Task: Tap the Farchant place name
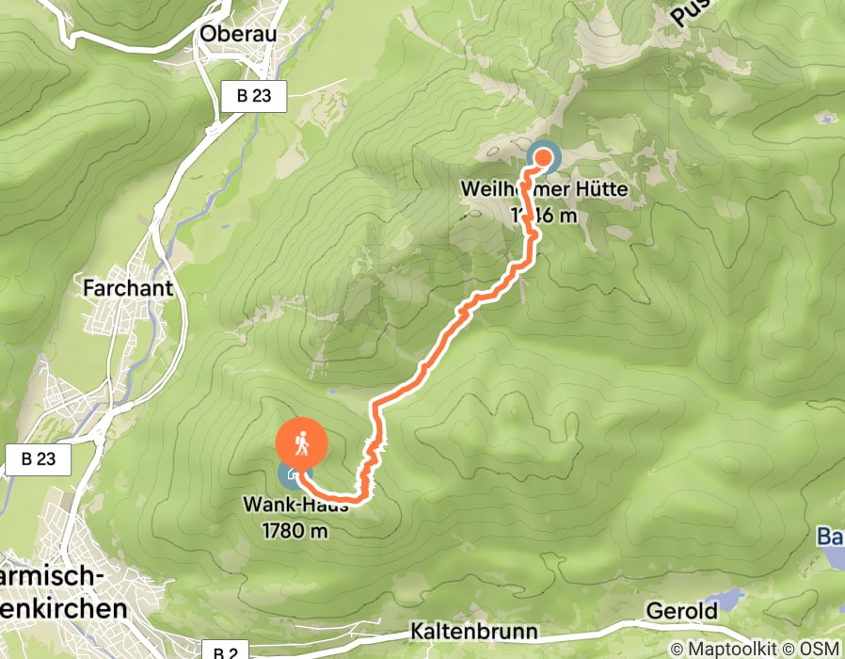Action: pyautogui.click(x=128, y=287)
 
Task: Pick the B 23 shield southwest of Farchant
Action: pyautogui.click(x=38, y=459)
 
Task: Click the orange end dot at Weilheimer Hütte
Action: pyautogui.click(x=543, y=157)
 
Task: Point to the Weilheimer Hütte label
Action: pyautogui.click(x=543, y=190)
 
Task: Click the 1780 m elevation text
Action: pyautogui.click(x=295, y=530)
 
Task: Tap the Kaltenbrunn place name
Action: pyautogui.click(x=473, y=632)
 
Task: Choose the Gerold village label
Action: pyautogui.click(x=681, y=611)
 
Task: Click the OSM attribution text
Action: pyautogui.click(x=819, y=648)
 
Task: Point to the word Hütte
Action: pyautogui.click(x=596, y=190)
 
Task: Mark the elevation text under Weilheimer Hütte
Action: pyautogui.click(x=543, y=216)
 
